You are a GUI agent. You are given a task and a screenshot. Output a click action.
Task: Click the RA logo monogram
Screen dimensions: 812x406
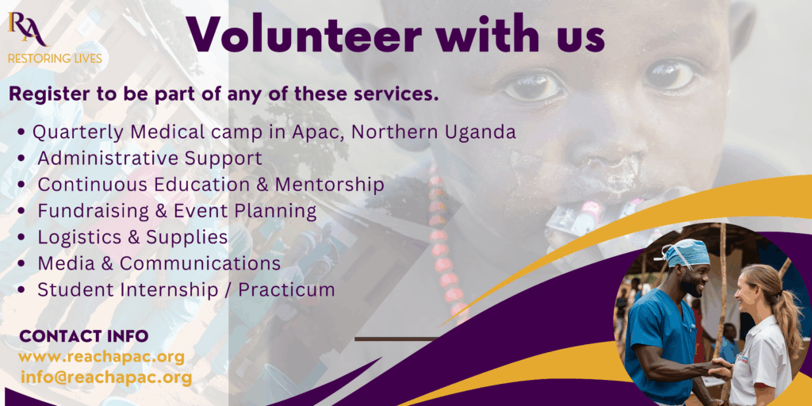pyautogui.click(x=27, y=29)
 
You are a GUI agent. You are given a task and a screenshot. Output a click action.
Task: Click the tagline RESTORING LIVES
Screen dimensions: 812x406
pyautogui.click(x=55, y=59)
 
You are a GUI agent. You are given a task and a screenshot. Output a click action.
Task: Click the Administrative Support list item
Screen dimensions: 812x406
pyautogui.click(x=150, y=159)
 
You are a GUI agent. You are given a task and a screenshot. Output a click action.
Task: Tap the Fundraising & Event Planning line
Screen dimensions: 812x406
pyautogui.click(x=177, y=211)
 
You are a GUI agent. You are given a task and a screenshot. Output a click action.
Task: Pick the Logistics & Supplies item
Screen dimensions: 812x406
pyautogui.click(x=132, y=237)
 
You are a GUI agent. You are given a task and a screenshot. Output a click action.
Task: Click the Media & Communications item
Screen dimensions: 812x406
pyautogui.click(x=159, y=263)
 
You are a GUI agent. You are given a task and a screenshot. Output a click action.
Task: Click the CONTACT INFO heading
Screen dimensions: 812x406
pyautogui.click(x=84, y=336)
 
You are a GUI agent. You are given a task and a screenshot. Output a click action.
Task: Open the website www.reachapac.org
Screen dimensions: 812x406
pyautogui.click(x=101, y=358)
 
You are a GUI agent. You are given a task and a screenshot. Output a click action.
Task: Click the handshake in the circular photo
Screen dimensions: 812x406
pyautogui.click(x=720, y=370)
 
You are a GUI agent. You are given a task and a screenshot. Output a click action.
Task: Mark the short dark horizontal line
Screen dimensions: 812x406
pyautogui.click(x=396, y=339)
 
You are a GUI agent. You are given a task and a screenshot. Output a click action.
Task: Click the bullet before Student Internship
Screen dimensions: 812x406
pyautogui.click(x=21, y=290)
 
